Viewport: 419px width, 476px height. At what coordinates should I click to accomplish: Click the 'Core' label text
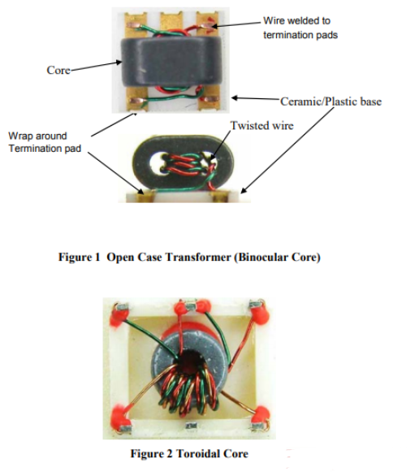58,70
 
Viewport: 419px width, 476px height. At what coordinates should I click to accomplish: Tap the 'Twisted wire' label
261,125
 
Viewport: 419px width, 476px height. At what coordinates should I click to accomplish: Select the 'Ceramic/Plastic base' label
330,102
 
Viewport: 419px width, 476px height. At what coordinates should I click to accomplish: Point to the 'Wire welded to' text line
296,20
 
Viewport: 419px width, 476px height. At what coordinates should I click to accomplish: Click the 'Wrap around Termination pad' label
45,142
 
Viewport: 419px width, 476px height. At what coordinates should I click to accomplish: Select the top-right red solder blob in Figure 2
260,313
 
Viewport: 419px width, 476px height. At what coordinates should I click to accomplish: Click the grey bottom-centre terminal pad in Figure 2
191,426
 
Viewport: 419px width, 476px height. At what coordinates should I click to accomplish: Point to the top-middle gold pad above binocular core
170,20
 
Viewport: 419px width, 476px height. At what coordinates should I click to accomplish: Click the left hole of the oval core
158,164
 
